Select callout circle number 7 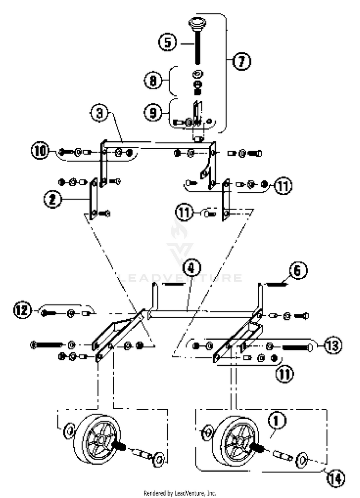pyautogui.click(x=242, y=61)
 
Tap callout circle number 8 pyautogui.click(x=153, y=81)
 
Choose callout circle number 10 pyautogui.click(x=40, y=151)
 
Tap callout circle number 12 pyautogui.click(x=22, y=310)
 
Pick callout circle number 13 pyautogui.click(x=332, y=345)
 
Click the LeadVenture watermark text pyautogui.click(x=180, y=278)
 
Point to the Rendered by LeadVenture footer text pyautogui.click(x=180, y=493)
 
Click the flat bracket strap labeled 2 pyautogui.click(x=94, y=199)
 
